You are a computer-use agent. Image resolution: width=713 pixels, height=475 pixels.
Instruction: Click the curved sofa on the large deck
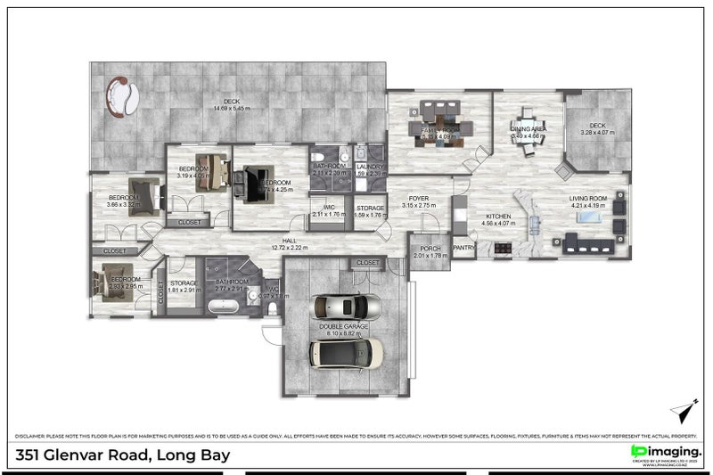[x=119, y=97]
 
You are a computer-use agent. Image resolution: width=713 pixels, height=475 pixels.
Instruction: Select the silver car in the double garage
[x=345, y=307]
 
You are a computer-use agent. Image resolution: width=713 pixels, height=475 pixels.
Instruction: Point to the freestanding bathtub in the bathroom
[x=224, y=307]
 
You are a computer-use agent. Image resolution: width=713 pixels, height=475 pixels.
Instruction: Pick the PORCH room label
[x=430, y=249]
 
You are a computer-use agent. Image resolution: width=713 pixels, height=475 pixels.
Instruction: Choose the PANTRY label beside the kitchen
[x=463, y=249]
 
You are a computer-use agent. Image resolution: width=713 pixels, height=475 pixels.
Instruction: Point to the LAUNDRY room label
[x=369, y=167]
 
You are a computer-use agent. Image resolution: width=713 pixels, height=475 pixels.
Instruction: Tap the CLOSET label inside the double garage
[x=367, y=263]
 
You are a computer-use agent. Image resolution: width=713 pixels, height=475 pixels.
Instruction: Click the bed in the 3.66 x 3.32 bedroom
[x=143, y=194]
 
